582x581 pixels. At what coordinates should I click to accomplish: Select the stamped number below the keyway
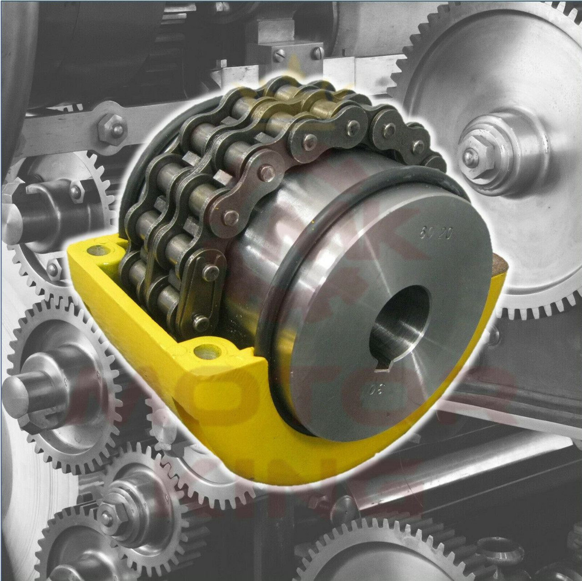click(x=374, y=390)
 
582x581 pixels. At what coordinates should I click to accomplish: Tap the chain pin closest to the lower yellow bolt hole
click(x=196, y=318)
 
